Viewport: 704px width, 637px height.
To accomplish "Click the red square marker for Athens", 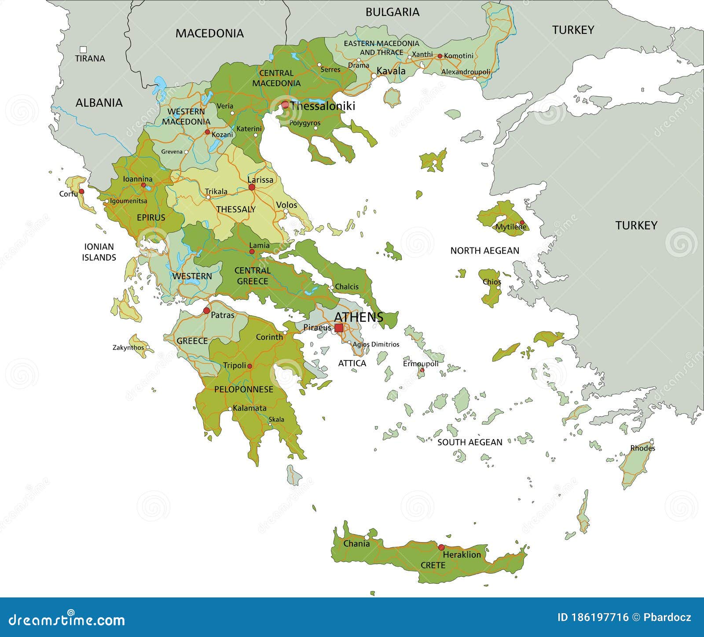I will (339, 328).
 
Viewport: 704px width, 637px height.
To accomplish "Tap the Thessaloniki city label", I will (323, 106).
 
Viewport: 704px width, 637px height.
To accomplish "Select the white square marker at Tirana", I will (83, 50).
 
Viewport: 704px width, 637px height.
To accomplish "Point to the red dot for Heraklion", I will (441, 547).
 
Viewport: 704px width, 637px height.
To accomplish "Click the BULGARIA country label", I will (392, 12).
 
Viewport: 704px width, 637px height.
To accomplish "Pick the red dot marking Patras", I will (206, 311).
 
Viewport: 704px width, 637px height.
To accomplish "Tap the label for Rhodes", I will (642, 448).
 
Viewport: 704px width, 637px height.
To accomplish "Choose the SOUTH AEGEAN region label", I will (469, 442).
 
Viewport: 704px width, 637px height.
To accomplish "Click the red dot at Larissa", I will (252, 187).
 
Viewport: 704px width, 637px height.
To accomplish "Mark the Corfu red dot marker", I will (81, 192).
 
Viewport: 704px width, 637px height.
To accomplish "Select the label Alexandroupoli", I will (466, 72).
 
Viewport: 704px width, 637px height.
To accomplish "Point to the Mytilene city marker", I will (522, 223).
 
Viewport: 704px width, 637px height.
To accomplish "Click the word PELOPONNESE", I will (243, 389).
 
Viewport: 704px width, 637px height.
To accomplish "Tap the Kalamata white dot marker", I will (230, 409).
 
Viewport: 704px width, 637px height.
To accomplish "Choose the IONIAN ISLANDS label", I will (99, 252).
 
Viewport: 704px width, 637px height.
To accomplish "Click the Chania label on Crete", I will (356, 544).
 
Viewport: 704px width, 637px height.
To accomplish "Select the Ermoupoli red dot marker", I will (422, 370).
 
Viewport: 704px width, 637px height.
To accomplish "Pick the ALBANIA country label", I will (99, 103).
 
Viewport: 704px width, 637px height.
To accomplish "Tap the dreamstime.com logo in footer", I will (64, 620).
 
